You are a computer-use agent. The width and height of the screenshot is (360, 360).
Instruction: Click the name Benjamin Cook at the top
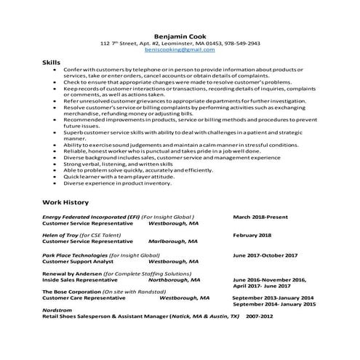180,34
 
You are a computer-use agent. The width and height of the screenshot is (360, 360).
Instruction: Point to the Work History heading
65,202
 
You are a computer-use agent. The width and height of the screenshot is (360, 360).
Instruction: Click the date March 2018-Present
261,217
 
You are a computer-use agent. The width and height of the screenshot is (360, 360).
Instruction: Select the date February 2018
252,236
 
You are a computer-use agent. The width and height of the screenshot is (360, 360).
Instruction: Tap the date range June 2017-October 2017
265,255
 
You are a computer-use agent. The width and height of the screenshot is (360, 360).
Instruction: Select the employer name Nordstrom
57,311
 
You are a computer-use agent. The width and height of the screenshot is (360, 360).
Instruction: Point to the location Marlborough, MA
173,242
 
